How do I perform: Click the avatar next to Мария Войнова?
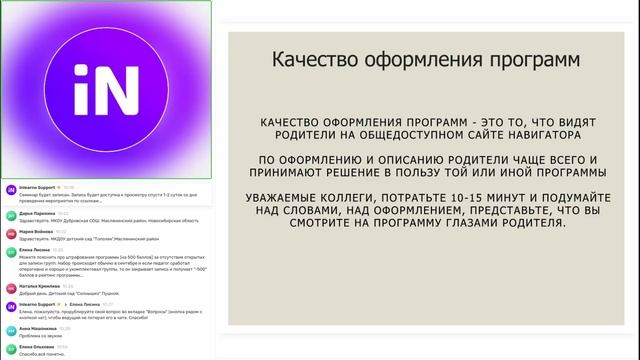point(10,235)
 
